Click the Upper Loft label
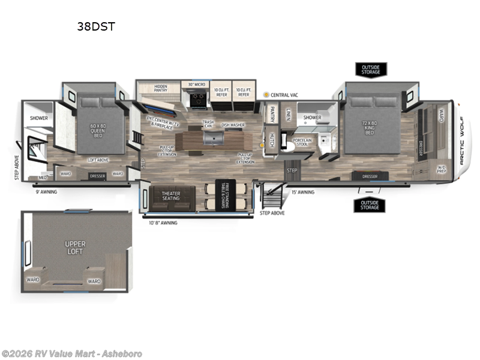click(x=76, y=248)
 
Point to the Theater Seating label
click(x=170, y=196)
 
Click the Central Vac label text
click(x=286, y=95)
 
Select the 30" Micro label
click(x=197, y=85)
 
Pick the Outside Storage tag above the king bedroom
click(x=370, y=69)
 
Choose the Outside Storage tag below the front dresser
click(x=370, y=205)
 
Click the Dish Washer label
click(x=233, y=125)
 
